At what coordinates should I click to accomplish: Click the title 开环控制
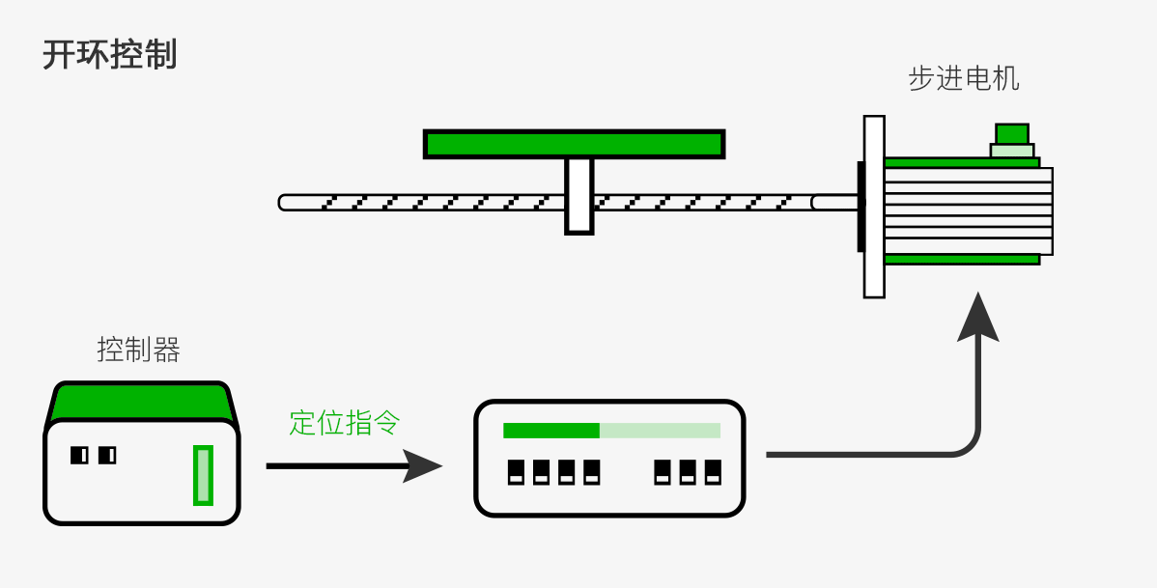109,55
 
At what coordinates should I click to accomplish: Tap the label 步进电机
963,78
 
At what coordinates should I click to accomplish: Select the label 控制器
138,349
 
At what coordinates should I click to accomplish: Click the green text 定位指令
344,422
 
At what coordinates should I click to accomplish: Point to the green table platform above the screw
574,144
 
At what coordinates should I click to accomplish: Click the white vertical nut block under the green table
578,195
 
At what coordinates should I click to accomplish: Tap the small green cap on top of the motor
1012,133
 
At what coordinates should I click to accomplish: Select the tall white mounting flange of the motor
874,207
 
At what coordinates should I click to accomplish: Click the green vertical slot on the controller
203,475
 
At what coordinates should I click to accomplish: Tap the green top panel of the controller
141,402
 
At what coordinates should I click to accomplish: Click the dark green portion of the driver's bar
551,431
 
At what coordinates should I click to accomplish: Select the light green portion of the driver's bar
660,431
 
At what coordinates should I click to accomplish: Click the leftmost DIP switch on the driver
517,472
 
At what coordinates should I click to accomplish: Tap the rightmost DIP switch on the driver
713,472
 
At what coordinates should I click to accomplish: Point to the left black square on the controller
79,454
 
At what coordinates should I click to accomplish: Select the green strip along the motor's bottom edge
962,259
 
